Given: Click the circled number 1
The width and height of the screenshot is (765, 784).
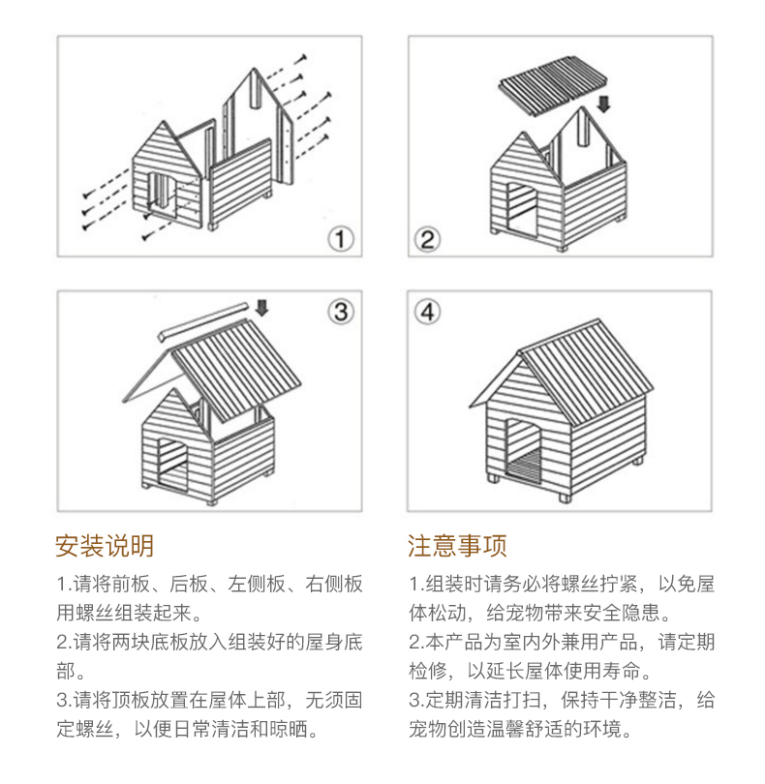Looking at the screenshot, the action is click(x=340, y=238).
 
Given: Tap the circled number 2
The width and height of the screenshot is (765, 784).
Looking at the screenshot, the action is click(x=427, y=238).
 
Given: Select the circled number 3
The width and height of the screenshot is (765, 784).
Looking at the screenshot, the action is click(x=340, y=312).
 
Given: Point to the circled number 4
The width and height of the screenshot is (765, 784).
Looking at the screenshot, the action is click(x=427, y=312).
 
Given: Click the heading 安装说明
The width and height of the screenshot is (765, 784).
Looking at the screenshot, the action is click(x=104, y=547).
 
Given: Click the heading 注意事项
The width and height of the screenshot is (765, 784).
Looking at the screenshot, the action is click(x=457, y=547).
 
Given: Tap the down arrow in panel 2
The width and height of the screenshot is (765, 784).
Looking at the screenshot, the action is click(x=604, y=102).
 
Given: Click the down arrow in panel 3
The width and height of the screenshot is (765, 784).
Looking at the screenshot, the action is click(x=262, y=309).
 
